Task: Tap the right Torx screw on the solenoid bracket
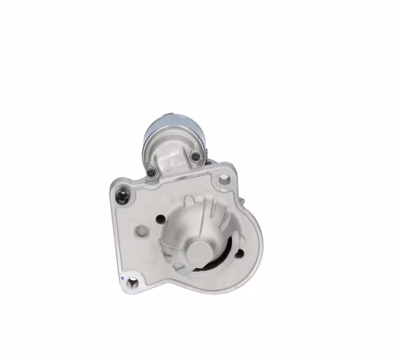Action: click(x=194, y=157)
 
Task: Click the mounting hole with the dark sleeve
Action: click(x=122, y=197)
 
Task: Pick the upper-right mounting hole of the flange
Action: click(x=224, y=178)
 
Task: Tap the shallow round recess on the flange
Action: click(x=142, y=232)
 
